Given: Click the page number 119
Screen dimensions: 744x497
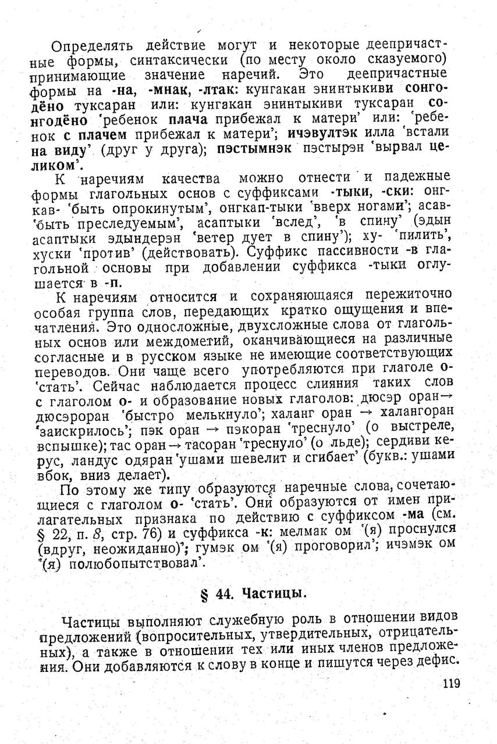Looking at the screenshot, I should (451, 684).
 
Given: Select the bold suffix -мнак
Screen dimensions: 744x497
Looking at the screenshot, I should (172, 90).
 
